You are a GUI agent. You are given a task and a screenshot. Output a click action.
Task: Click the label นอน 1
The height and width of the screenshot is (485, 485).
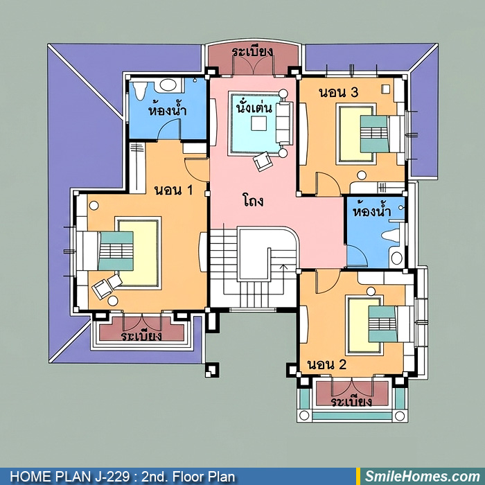tap(173, 190)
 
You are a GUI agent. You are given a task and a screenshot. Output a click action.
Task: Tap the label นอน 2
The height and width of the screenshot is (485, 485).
tap(327, 364)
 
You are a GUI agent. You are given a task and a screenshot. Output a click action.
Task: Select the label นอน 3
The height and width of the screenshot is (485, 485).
tap(339, 92)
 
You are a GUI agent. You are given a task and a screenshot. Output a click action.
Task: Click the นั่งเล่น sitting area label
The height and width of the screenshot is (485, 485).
tap(254, 107)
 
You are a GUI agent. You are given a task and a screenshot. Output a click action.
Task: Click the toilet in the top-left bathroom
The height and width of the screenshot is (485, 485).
tap(140, 89)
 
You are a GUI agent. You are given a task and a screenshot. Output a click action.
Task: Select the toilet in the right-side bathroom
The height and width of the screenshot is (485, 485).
tap(391, 235)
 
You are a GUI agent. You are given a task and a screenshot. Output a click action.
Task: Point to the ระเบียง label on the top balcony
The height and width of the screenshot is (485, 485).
tap(252, 52)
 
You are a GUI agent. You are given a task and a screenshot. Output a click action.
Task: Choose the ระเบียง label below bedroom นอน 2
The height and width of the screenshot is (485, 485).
tap(351, 401)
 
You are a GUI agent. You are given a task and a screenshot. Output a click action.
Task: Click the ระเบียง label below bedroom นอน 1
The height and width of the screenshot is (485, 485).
tap(141, 336)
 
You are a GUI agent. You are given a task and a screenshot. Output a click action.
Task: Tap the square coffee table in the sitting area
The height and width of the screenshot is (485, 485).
tap(258, 123)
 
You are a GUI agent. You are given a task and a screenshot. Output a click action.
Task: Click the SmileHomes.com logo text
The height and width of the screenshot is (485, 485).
tap(423, 477)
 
